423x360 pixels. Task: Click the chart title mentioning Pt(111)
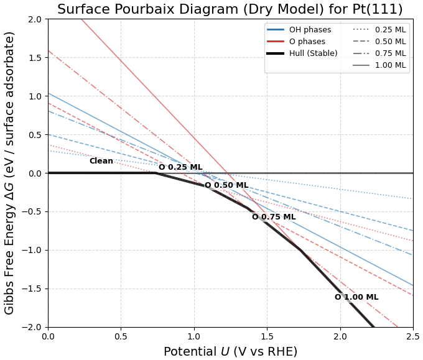(x=230, y=9)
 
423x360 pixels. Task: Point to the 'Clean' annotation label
(x=101, y=161)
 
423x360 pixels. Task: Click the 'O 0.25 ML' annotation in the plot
(x=180, y=167)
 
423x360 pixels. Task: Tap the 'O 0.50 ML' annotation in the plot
(x=226, y=185)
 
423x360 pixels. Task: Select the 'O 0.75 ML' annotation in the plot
(x=274, y=217)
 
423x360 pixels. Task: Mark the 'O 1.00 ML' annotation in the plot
(x=356, y=297)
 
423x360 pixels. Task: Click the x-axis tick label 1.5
(x=267, y=336)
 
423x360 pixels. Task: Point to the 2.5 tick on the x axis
(x=412, y=336)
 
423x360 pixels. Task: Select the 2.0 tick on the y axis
(x=35, y=19)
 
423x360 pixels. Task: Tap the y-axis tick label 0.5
(x=35, y=135)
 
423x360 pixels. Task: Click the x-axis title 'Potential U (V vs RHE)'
(x=230, y=351)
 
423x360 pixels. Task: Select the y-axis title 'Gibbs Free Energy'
(x=10, y=173)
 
